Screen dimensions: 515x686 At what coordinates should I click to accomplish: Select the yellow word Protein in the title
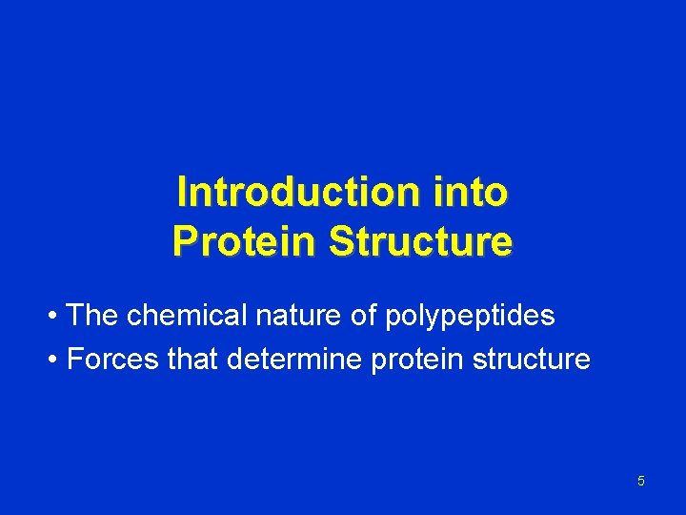tap(245, 241)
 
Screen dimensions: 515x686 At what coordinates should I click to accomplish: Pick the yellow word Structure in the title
tap(420, 241)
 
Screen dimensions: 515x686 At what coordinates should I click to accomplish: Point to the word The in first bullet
tap(93, 316)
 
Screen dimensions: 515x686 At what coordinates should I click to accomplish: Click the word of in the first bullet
tap(364, 316)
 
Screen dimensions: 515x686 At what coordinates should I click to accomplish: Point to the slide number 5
tap(640, 481)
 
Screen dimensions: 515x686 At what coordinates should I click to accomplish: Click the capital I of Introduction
tap(182, 192)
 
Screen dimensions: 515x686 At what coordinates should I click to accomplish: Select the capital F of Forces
tap(74, 360)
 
